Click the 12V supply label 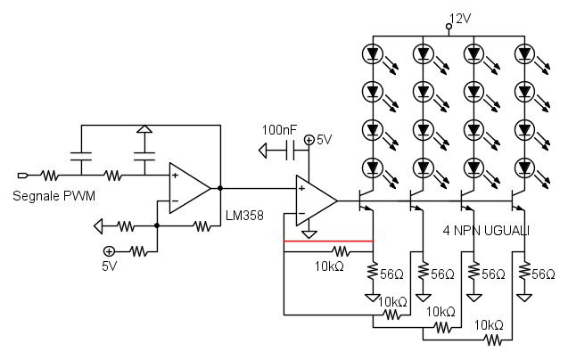coord(460,18)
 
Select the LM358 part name coord(244,216)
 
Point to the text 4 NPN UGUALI coord(487,230)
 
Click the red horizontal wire coord(327,241)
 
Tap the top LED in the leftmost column coord(373,53)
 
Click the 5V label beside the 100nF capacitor coord(323,140)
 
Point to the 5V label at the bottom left coord(109,266)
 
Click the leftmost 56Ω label coord(392,274)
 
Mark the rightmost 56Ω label coord(542,274)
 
